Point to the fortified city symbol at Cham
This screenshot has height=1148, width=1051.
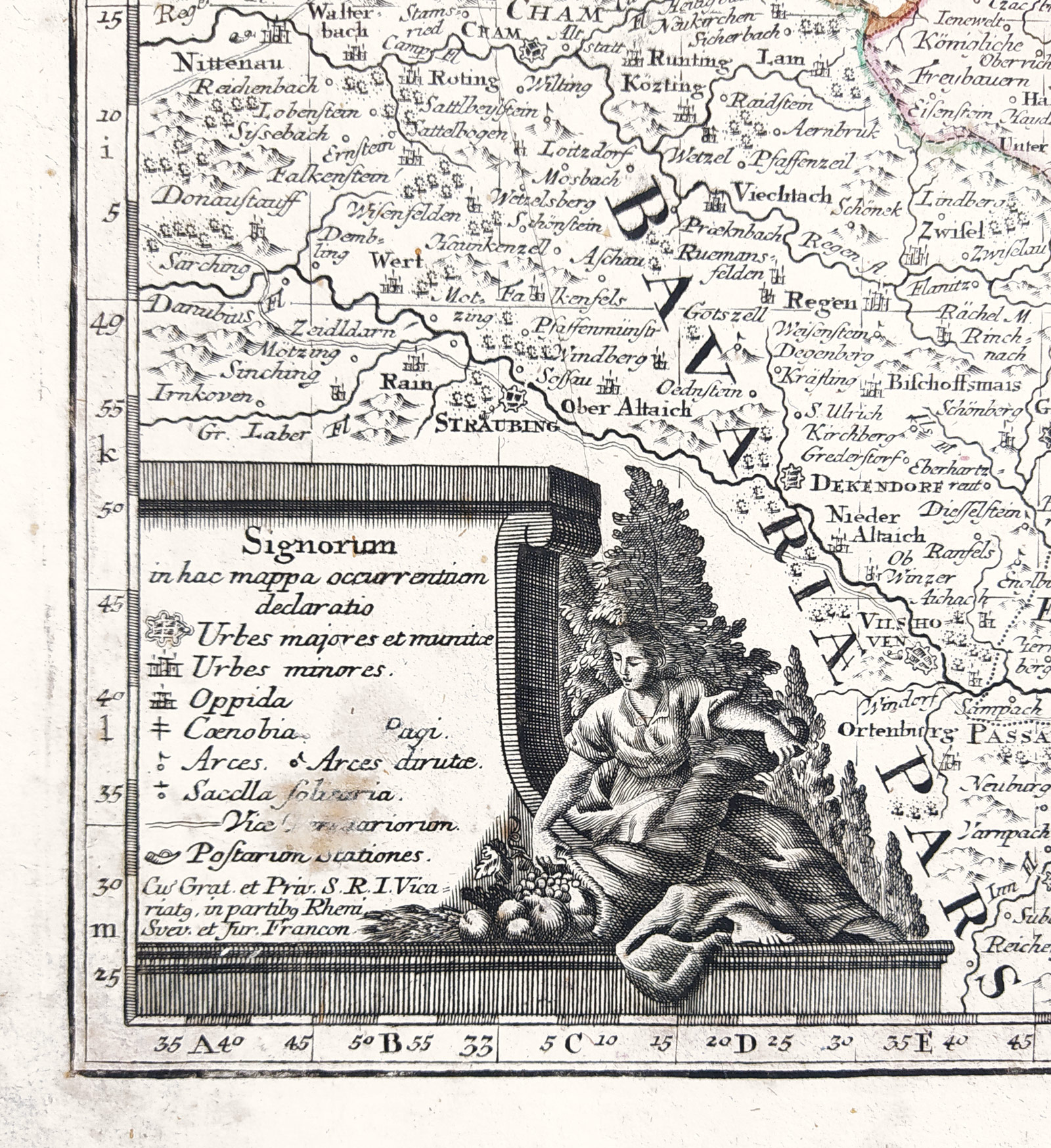[533, 49]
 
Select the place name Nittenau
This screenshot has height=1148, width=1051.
[229, 63]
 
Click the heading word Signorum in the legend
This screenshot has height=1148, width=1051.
[319, 544]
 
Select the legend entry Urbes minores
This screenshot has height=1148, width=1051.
[288, 669]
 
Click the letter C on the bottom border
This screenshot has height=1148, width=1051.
[572, 1043]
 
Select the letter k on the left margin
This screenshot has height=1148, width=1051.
[108, 453]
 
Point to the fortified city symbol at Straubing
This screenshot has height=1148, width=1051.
[514, 397]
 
